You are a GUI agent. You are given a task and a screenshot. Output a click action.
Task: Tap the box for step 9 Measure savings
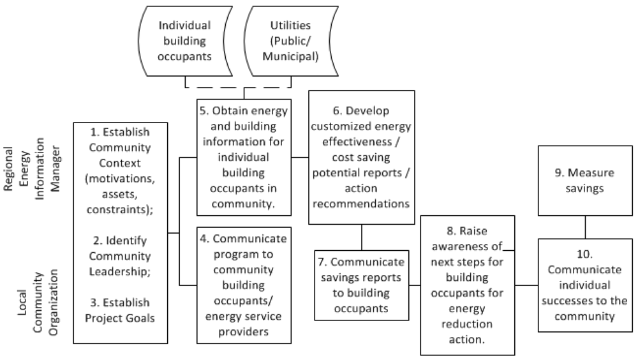tap(586, 181)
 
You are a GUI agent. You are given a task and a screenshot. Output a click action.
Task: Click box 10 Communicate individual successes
tap(586, 285)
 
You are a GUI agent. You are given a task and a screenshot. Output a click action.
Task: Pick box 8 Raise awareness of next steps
tap(468, 285)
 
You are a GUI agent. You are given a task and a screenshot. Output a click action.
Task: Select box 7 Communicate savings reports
tap(361, 285)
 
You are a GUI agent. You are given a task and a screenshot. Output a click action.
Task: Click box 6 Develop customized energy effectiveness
tap(361, 157)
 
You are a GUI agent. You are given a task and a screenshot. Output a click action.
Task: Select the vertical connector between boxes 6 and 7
tap(362, 237)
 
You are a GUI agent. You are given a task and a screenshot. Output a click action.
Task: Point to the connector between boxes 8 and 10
tap(526, 285)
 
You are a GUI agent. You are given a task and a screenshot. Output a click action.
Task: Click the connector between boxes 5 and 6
tap(300, 157)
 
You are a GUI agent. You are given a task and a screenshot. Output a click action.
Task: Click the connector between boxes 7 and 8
tap(415, 285)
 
